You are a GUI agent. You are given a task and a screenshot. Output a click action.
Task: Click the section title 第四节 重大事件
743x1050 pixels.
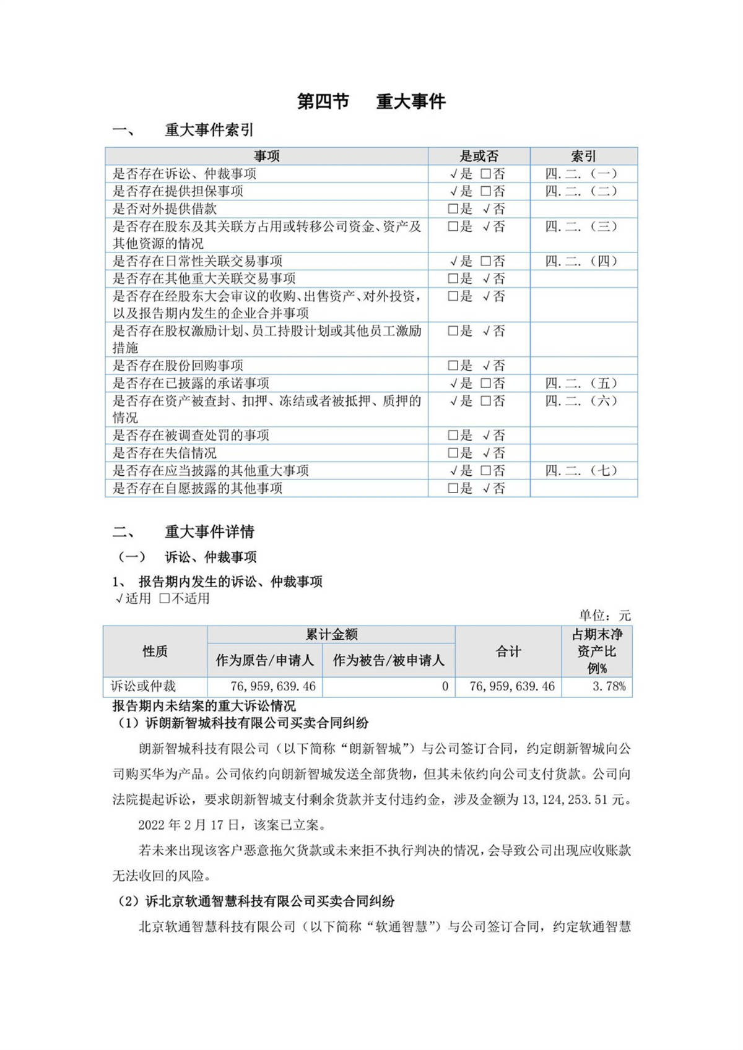[371, 101]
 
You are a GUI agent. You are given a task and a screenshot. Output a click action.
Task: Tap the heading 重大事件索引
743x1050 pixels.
[209, 130]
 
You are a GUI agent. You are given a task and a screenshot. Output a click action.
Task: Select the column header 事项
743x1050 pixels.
[266, 156]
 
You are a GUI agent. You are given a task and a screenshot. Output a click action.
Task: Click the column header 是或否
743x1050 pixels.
[479, 156]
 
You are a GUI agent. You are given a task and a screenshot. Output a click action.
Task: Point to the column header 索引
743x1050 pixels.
[583, 156]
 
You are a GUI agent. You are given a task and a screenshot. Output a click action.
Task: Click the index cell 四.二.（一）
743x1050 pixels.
[581, 174]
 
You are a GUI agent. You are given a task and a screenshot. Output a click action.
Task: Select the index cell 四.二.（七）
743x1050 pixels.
[581, 470]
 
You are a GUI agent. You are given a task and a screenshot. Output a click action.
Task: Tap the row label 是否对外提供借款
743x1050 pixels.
[165, 209]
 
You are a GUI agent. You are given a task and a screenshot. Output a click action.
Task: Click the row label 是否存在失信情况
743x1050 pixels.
[165, 453]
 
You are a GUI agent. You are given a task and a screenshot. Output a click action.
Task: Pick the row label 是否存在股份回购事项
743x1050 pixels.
[178, 366]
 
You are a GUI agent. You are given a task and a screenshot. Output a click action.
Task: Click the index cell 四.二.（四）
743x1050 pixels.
[581, 261]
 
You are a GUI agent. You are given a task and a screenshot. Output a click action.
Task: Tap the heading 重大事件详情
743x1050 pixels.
[209, 531]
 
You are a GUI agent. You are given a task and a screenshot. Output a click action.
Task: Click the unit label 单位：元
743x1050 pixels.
[604, 615]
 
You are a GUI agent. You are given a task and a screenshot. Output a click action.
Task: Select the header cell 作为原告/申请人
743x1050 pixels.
[264, 660]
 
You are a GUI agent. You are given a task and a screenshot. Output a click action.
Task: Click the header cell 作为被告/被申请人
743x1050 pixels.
[388, 660]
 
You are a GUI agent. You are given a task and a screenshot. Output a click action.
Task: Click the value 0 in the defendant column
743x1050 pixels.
[445, 686]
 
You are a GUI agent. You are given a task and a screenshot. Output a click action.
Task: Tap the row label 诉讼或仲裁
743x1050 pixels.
[143, 686]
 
